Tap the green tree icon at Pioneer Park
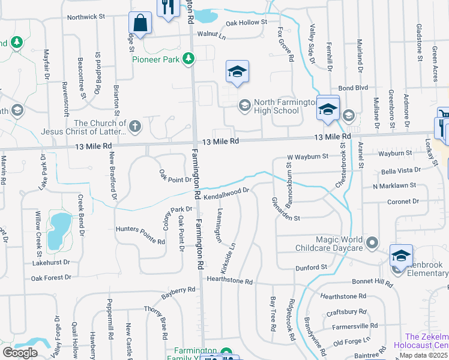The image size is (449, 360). [189, 58]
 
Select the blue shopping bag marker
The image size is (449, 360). [140, 23]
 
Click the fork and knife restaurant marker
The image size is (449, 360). [167, 8]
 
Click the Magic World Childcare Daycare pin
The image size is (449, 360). [372, 243]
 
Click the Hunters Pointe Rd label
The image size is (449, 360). [140, 235]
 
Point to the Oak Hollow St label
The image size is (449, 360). [246, 23]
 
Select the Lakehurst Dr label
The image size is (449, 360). [51, 262]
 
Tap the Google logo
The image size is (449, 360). [20, 352]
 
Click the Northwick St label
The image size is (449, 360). [86, 17]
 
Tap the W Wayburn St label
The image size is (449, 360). [308, 156]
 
